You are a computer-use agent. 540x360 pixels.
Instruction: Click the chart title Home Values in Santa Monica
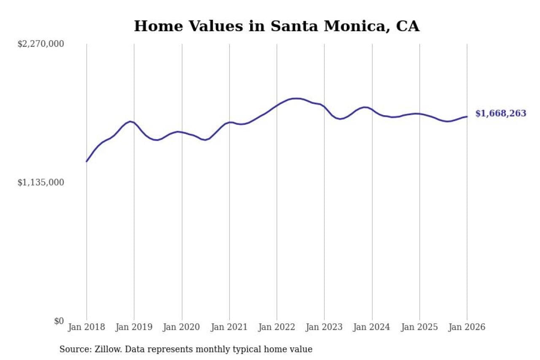click(277, 26)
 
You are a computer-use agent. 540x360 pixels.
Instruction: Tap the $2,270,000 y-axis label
click(40, 44)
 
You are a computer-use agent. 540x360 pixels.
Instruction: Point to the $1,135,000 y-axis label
click(40, 182)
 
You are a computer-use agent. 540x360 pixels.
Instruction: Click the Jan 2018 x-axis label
click(86, 328)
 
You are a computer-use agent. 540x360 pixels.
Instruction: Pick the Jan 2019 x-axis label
click(134, 328)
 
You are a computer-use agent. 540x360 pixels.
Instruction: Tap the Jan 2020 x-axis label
click(182, 328)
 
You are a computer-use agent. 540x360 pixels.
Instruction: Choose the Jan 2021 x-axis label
click(229, 328)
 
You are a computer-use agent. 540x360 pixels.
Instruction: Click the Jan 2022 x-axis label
click(277, 328)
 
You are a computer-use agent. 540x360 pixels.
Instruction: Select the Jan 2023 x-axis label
click(324, 328)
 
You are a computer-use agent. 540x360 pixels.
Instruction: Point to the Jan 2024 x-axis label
click(372, 328)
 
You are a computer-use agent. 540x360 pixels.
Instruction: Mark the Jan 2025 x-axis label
click(420, 328)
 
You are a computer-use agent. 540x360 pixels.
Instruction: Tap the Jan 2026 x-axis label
click(467, 328)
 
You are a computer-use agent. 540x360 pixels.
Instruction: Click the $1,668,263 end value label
click(501, 114)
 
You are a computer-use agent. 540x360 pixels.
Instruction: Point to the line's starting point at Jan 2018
click(86, 161)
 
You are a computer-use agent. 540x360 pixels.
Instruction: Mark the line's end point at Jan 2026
click(467, 116)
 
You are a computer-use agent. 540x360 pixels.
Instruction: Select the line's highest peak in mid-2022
click(297, 98)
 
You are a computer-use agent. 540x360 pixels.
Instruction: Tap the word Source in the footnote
click(72, 349)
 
